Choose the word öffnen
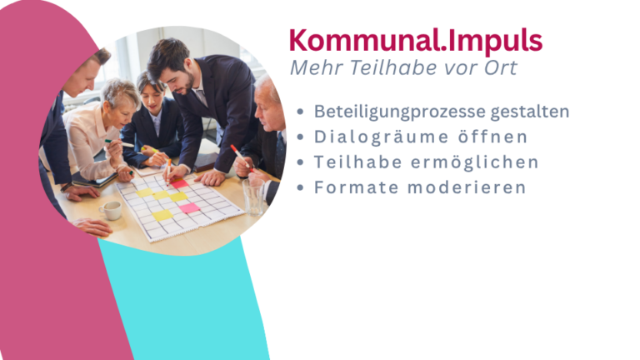click(x=493, y=137)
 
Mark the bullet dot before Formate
click(x=300, y=187)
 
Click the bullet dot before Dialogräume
click(x=300, y=137)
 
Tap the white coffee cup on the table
click(x=111, y=210)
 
